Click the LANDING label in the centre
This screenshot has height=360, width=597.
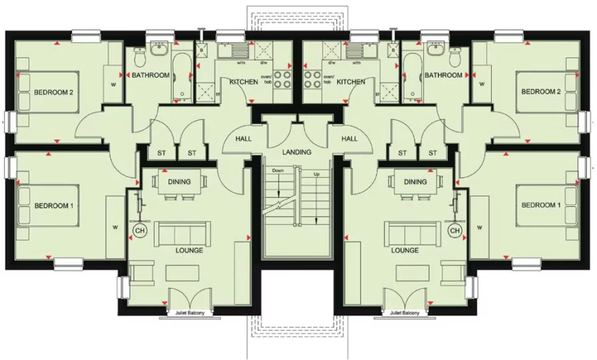[x=296, y=152]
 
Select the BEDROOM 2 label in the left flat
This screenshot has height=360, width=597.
[x=53, y=92]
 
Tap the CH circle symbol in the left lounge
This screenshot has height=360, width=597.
[x=140, y=230]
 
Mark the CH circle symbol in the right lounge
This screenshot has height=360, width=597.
[x=454, y=230]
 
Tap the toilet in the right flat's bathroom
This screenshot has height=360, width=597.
[x=455, y=59]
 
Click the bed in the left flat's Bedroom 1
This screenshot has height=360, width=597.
[x=46, y=207]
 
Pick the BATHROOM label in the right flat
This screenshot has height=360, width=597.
[x=444, y=76]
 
